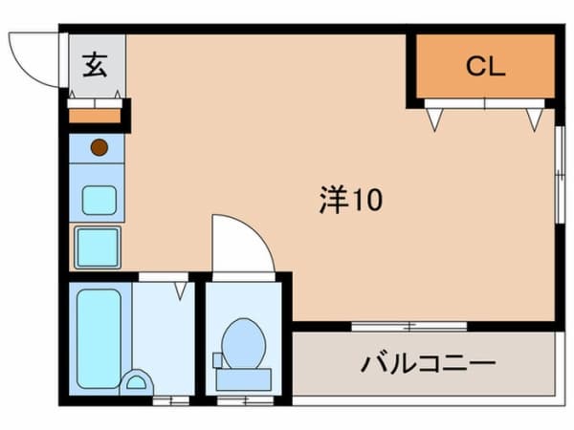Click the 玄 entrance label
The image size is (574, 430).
coord(95,65)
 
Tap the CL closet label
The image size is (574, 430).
coord(485,66)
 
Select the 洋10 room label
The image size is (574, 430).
coord(351,200)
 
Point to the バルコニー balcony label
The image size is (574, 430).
coord(429,363)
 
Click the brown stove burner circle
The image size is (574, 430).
coord(99,148)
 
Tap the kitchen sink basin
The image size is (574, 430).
coord(99,201)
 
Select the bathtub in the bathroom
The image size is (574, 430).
coord(99,338)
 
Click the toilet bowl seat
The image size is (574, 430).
coord(243,344)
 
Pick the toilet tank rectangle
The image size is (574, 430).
coord(243,379)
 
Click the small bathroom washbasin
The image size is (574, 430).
coord(137,382)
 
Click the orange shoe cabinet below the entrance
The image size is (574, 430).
coord(95,117)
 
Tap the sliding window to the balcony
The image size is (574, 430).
coord(409,326)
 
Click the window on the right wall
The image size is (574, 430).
coord(560,175)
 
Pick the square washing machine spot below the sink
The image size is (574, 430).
coord(98,247)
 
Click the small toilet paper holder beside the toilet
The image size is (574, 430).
coord(217,360)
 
